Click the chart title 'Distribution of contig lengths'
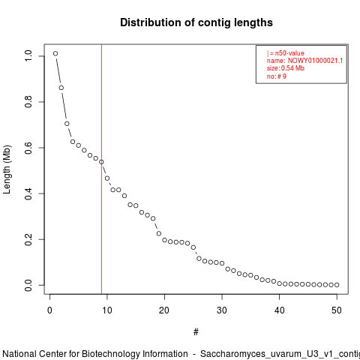point(196,22)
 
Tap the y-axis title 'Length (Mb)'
point(7,169)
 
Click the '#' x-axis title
point(196,332)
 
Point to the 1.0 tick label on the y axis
point(28,55)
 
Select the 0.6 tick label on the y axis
point(28,148)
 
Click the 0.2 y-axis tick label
point(28,239)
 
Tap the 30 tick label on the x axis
point(222,310)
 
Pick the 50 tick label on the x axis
point(337,310)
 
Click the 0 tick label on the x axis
point(50,310)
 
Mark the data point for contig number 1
point(55,53)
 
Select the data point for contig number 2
point(61,88)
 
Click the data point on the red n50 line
point(101,162)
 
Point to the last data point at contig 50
point(337,285)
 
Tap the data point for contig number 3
point(67,124)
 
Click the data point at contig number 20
point(164,240)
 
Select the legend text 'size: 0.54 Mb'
point(285,68)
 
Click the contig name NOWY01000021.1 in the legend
point(315,61)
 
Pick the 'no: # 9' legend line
point(276,76)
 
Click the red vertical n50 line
point(101,169)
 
